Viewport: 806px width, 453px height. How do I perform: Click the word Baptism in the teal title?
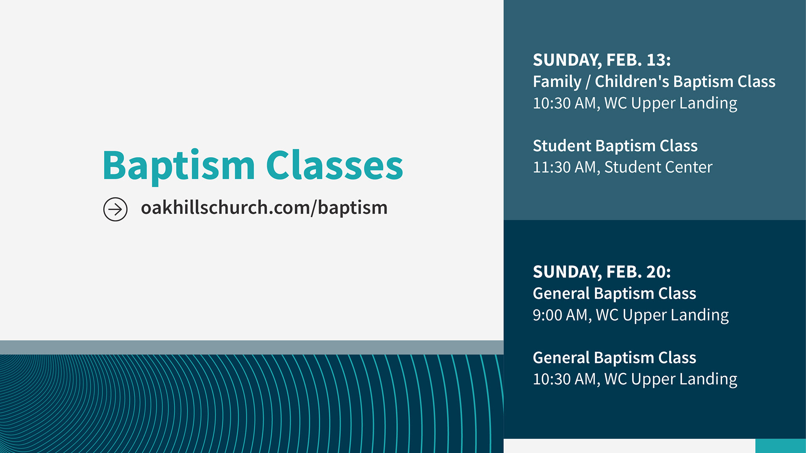coord(179,167)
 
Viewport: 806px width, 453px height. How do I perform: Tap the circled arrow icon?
coord(115,209)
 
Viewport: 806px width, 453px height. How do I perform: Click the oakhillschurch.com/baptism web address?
coord(264,208)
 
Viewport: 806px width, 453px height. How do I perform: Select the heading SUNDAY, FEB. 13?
coord(602,60)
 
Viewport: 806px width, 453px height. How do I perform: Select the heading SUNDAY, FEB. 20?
coord(602,272)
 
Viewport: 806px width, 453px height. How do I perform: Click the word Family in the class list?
coord(557,82)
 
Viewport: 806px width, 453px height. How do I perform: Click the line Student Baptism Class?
coord(615,146)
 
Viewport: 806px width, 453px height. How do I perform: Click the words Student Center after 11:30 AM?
coord(658,167)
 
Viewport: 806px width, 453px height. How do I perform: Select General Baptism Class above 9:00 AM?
coord(615,294)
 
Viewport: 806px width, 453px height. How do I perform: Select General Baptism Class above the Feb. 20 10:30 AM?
coord(615,358)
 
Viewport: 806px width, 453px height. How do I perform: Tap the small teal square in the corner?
coord(780,446)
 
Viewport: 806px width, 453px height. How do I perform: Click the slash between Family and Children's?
coord(588,82)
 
